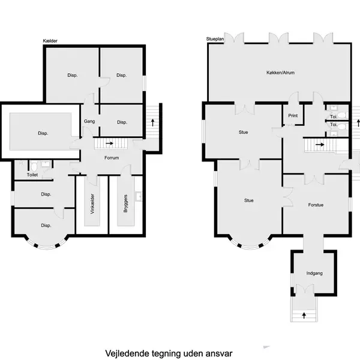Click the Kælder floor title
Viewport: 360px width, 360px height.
click(50, 41)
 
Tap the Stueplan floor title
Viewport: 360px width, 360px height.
click(215, 39)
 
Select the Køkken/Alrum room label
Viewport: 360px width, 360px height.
click(280, 73)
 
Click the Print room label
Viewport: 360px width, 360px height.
click(293, 115)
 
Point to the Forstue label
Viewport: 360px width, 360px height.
click(316, 205)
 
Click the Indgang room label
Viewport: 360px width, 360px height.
click(314, 273)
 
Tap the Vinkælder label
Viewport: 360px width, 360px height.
click(92, 204)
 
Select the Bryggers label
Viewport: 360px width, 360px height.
click(125, 203)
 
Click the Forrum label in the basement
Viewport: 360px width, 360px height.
click(112, 158)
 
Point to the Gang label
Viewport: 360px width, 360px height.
click(89, 121)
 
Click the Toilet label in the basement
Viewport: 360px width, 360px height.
click(32, 175)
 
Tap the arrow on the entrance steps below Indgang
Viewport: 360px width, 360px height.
click(304, 316)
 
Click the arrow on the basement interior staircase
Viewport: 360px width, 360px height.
click(110, 143)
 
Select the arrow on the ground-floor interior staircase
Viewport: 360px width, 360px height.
click(320, 145)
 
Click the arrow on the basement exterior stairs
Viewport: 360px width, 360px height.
click(152, 122)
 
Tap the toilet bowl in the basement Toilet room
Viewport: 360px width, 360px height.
click(34, 166)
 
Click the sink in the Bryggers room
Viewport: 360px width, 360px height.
click(139, 197)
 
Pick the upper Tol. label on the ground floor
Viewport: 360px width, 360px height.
click(334, 117)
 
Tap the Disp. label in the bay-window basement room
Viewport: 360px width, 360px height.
click(46, 226)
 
